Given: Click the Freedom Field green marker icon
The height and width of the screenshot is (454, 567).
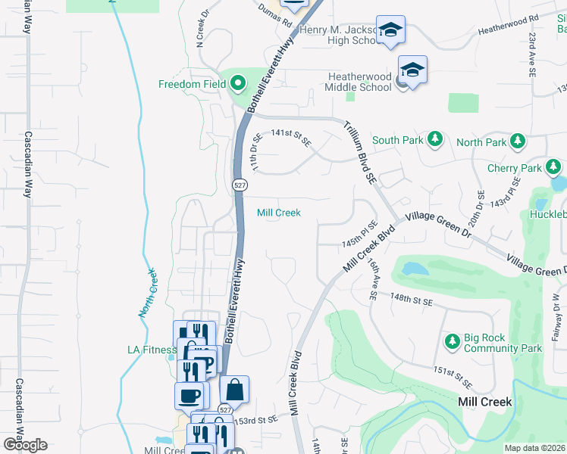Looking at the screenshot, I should [x=238, y=83].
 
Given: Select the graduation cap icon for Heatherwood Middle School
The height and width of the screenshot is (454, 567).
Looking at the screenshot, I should [x=412, y=70].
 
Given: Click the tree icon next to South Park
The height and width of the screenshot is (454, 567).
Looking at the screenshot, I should [x=435, y=139].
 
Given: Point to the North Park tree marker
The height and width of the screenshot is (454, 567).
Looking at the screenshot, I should [x=518, y=141].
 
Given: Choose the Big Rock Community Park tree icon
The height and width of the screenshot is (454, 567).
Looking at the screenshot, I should [x=452, y=342].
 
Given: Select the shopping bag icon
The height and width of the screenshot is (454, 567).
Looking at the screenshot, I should [x=235, y=390].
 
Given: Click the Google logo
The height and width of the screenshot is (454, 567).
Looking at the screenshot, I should [x=24, y=445].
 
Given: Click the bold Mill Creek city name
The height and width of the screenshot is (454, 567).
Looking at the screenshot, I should [x=485, y=402].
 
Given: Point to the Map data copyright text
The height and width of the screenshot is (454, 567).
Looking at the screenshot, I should [x=534, y=448].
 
